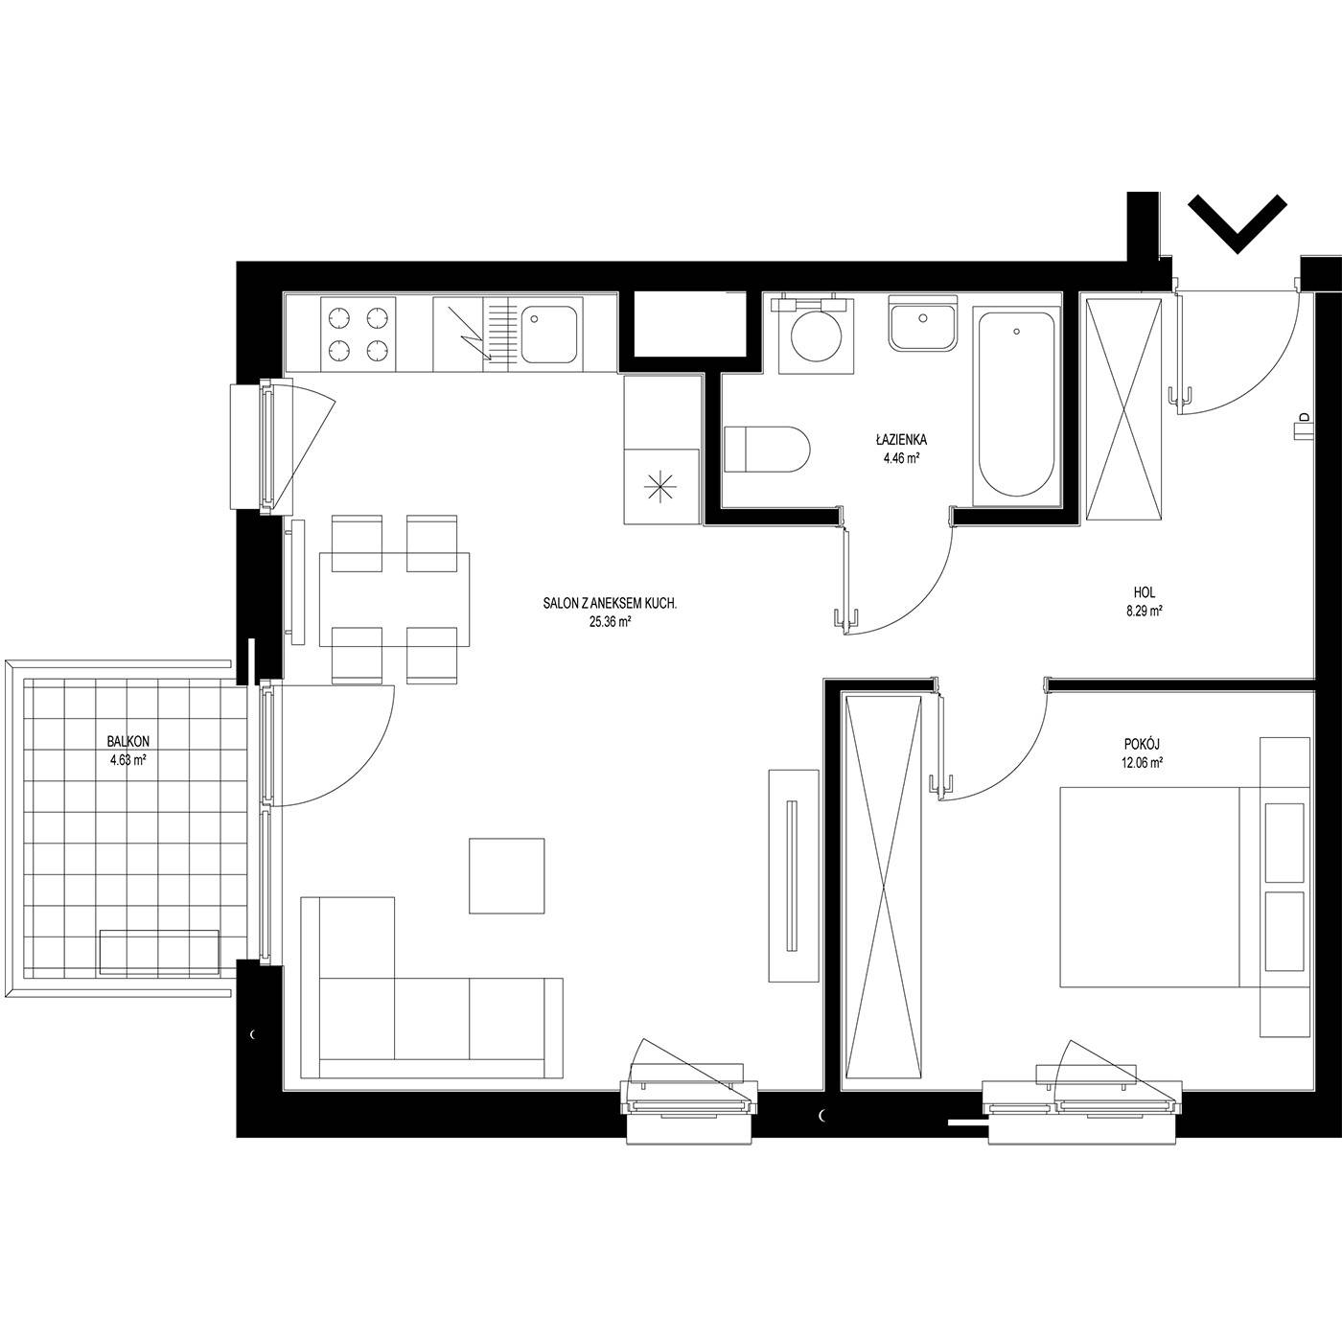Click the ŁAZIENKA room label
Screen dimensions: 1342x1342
click(x=901, y=440)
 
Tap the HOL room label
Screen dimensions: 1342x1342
click(x=1145, y=592)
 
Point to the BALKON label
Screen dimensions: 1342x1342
click(x=128, y=742)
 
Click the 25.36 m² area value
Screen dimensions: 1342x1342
click(x=610, y=623)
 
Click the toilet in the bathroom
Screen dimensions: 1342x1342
click(x=767, y=449)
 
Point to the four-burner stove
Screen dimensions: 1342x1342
click(x=358, y=334)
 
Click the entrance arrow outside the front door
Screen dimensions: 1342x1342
click(x=1237, y=223)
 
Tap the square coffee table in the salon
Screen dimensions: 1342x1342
click(x=506, y=875)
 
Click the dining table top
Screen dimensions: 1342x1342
click(x=394, y=599)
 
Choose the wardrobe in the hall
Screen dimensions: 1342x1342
click(x=1123, y=408)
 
